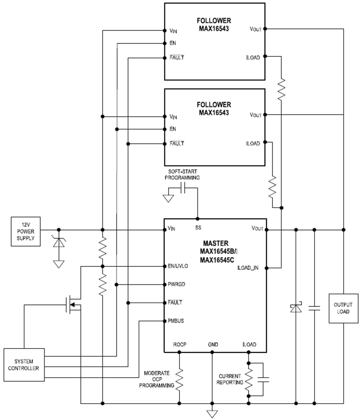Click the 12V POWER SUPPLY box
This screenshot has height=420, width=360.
coord(26,231)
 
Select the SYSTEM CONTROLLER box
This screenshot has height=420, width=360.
coord(24,365)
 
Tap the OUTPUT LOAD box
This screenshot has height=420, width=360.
coord(344,309)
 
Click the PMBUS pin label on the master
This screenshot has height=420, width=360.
coord(176,321)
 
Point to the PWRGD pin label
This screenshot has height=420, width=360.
coord(176,284)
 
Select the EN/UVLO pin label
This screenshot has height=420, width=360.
coord(178,266)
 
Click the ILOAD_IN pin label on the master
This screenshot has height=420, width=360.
coord(247,268)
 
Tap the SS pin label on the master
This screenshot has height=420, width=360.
coord(198,227)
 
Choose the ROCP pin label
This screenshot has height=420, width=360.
coord(179,344)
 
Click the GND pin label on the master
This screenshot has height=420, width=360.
coord(213,344)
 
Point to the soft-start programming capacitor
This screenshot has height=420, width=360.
coord(182,188)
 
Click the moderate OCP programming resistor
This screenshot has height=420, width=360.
coord(179,379)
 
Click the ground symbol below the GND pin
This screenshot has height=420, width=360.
coord(212,414)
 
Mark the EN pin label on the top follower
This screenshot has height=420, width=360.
coord(173,43)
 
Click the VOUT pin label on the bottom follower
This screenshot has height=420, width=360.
coord(255,115)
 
